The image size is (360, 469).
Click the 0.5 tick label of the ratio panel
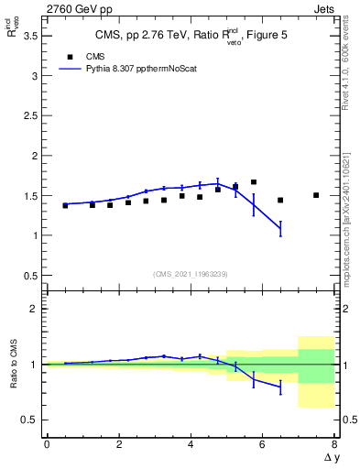[x=28, y=420]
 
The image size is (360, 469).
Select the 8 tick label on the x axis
[x=334, y=444]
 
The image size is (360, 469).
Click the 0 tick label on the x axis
[x=47, y=444]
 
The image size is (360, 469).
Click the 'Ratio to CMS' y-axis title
[x=14, y=365]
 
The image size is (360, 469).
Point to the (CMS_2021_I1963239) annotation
[x=190, y=273]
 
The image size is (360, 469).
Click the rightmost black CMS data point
[x=316, y=195]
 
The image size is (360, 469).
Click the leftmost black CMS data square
[x=65, y=205]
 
